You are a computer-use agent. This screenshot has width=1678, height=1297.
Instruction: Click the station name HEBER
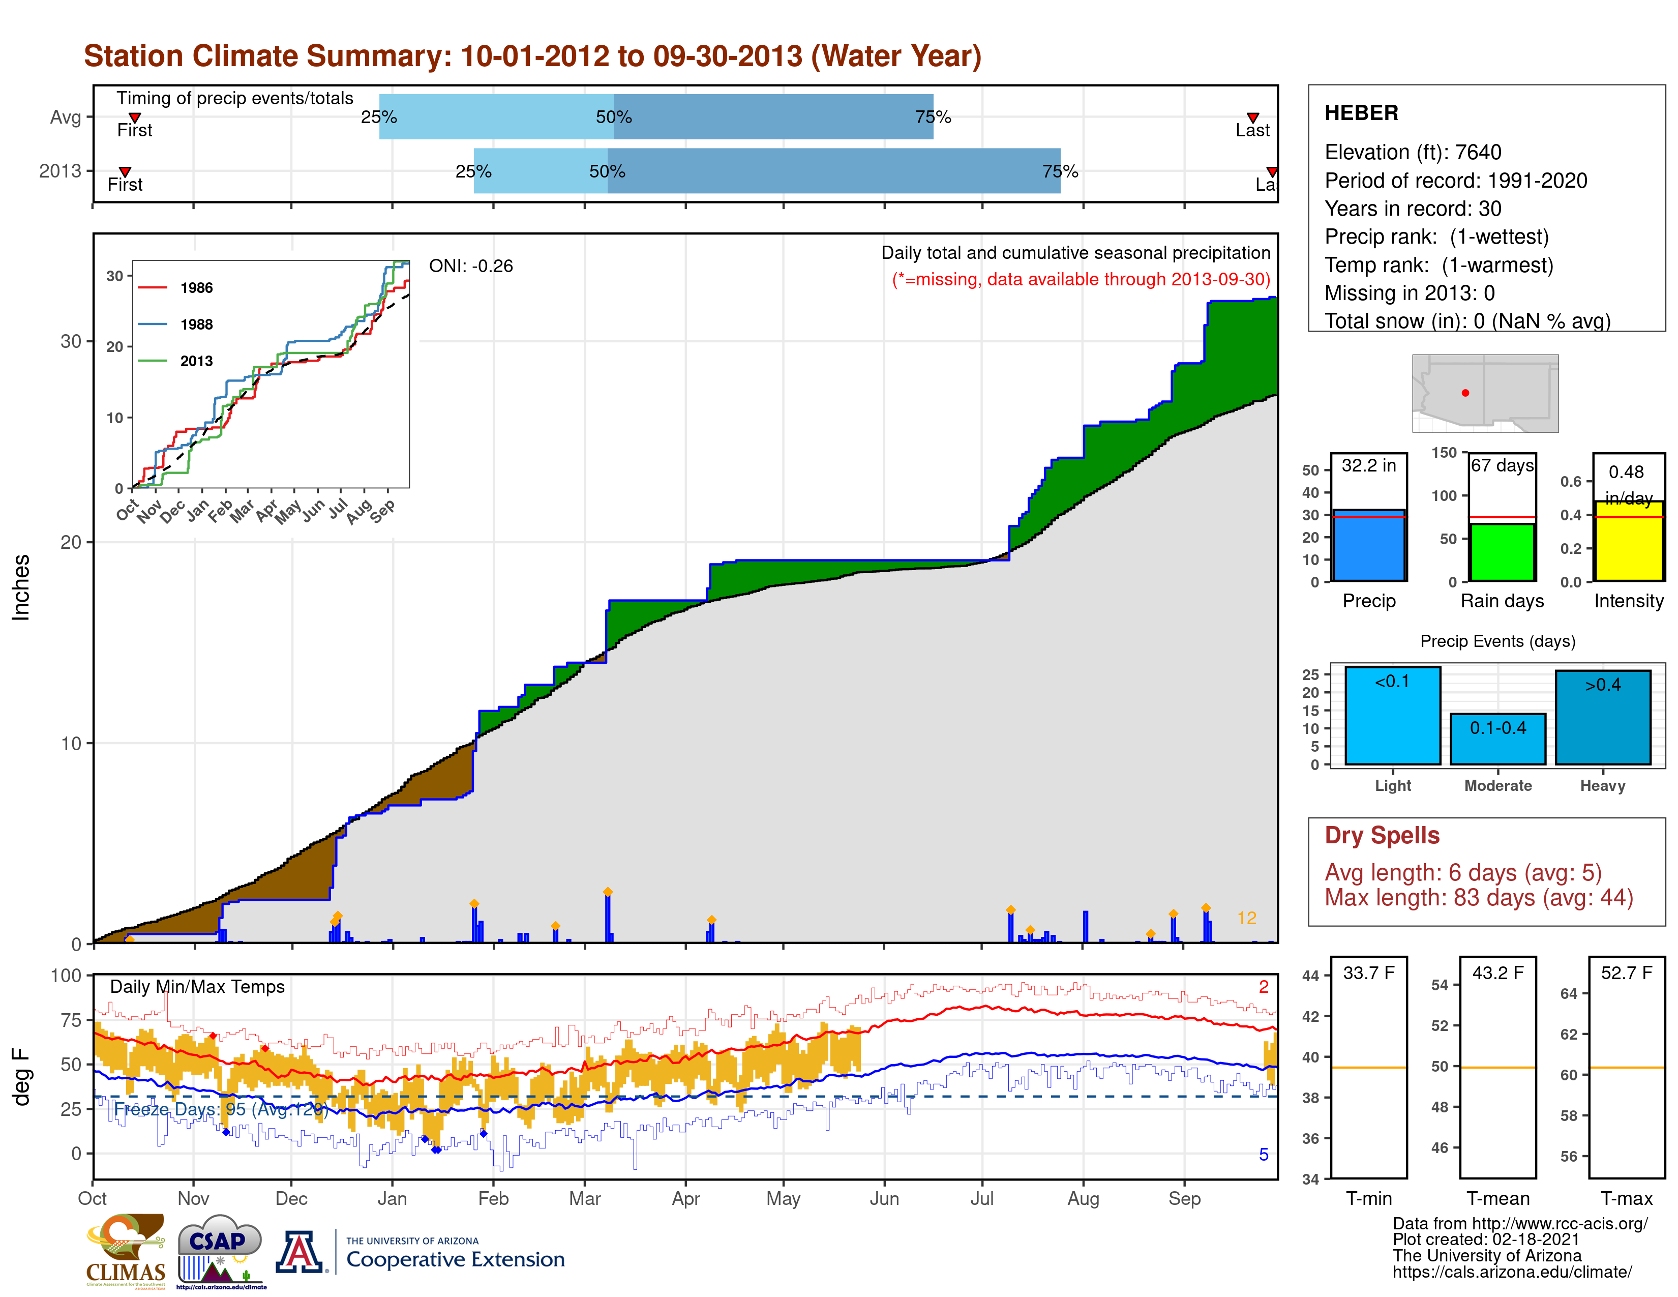[x=1361, y=113]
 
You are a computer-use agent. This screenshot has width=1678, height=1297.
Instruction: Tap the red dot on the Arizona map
[x=1465, y=393]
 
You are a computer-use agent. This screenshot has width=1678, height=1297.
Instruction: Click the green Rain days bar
[x=1502, y=552]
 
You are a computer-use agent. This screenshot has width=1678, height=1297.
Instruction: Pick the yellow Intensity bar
[x=1628, y=541]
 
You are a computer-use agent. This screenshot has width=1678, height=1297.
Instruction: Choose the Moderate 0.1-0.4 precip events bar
[x=1497, y=739]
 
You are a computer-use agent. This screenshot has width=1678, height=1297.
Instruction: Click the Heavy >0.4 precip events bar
[x=1603, y=717]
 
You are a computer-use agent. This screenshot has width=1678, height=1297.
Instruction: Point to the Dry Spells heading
[x=1382, y=835]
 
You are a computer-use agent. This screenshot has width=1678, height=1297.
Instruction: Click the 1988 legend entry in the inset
[x=196, y=325]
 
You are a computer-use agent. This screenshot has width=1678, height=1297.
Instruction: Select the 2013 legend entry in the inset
[x=196, y=361]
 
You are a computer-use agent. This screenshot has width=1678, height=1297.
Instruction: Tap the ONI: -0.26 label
[x=470, y=266]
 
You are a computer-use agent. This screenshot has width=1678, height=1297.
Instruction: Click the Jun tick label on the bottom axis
[x=884, y=1199]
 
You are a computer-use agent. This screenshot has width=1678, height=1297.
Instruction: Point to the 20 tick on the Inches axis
[x=71, y=542]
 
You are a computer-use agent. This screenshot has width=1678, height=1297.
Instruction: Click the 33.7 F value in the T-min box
[x=1368, y=972]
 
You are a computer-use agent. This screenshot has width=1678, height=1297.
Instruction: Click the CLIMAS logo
[x=125, y=1251]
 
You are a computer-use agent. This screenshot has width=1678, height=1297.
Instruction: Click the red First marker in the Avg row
[x=134, y=117]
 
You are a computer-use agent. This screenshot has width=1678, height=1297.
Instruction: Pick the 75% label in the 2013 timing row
[x=1060, y=171]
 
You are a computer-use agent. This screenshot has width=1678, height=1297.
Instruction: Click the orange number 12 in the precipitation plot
[x=1246, y=918]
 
